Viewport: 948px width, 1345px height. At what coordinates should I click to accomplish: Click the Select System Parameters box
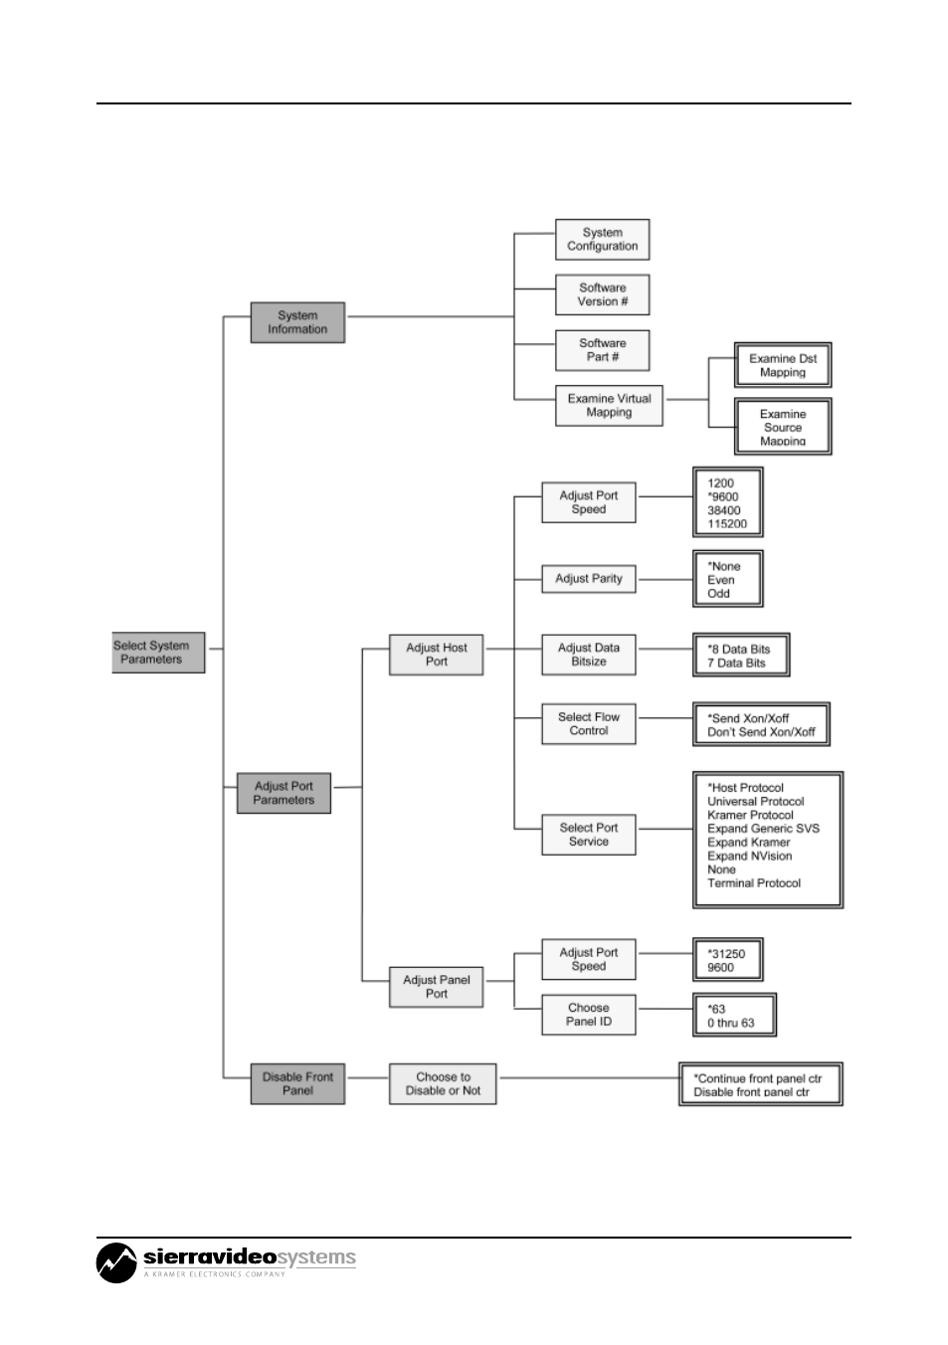pos(158,652)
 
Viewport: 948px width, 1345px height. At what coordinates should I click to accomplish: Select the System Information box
pos(297,322)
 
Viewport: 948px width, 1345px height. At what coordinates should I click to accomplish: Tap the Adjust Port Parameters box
pos(284,793)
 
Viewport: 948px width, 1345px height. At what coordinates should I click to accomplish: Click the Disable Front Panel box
pos(297,1083)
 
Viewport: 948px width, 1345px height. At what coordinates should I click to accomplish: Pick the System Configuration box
pos(602,240)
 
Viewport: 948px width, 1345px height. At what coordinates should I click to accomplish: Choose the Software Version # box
pos(602,294)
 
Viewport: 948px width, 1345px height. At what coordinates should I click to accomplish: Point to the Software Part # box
pos(602,350)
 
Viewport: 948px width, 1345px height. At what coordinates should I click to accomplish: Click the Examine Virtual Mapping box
pos(609,406)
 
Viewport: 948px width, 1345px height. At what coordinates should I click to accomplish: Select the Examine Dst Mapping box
pos(783,365)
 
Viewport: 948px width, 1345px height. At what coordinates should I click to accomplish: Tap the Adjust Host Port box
pos(436,655)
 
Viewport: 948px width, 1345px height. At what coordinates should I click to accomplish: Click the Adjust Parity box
pos(588,579)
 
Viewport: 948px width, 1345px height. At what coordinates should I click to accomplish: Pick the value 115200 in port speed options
pos(727,524)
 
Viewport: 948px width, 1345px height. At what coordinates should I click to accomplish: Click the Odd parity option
pos(718,594)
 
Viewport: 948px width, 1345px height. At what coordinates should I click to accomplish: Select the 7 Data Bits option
pos(736,663)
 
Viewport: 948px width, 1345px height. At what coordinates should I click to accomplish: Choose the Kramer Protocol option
pos(750,815)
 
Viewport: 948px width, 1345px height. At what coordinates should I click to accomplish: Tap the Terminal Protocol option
pos(753,883)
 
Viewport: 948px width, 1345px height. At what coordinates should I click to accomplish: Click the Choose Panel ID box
pos(588,1015)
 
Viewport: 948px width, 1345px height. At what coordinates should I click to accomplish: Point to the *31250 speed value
pos(726,953)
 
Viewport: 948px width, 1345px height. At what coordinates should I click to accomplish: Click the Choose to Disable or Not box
pos(443,1083)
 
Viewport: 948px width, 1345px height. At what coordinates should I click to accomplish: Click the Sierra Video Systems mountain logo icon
pos(116,1262)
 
